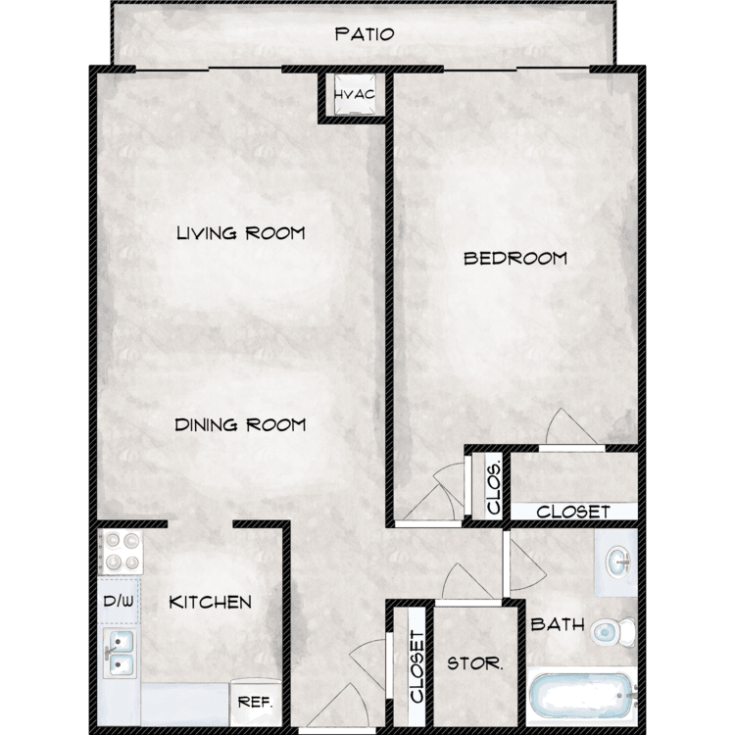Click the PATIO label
365,34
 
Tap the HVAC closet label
355,95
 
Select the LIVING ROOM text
241,233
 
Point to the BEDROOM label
515,259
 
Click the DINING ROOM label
240,425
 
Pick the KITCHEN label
210,603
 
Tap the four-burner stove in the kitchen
121,552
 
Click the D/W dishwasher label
119,601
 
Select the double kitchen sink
120,653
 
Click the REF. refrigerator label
255,703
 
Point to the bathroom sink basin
618,562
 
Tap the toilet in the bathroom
612,632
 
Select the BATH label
558,624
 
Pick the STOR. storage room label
475,663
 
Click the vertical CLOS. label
494,488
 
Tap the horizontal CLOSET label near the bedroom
573,512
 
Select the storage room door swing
467,581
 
